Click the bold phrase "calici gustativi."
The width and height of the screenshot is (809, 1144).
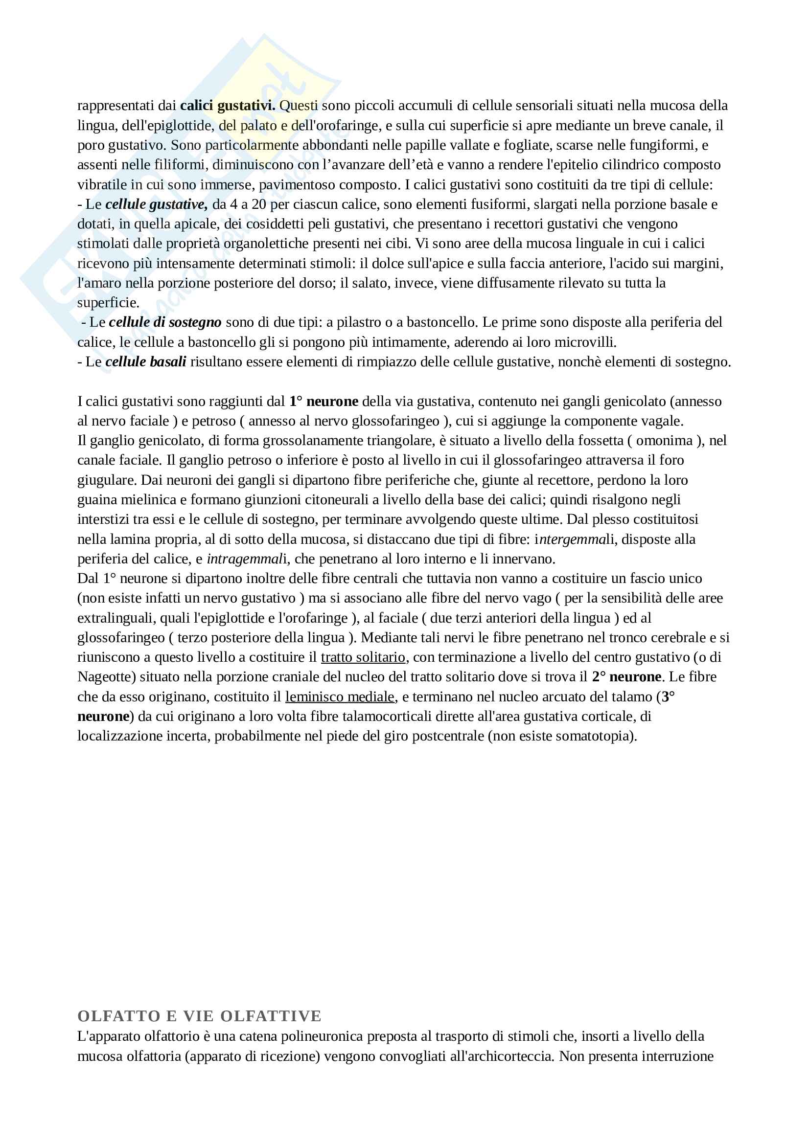(228, 106)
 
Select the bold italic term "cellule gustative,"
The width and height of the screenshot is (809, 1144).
(157, 204)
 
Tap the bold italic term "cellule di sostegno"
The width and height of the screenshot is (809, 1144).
(165, 322)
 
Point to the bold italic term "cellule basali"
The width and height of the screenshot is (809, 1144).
(145, 362)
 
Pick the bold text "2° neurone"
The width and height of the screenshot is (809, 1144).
(626, 677)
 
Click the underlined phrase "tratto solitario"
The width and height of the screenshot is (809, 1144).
(363, 658)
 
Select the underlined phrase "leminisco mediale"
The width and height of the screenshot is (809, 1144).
(340, 697)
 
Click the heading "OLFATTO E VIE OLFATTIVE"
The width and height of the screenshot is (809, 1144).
(199, 1016)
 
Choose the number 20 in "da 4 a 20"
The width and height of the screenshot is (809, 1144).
(259, 204)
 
